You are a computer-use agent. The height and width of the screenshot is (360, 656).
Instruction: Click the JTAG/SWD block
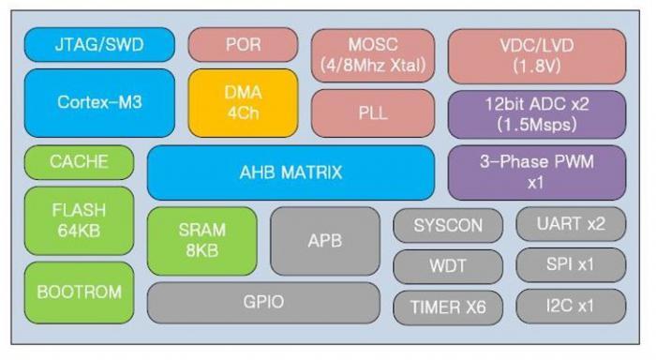(x=99, y=45)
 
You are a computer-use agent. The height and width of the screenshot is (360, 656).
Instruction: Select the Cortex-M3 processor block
(x=99, y=102)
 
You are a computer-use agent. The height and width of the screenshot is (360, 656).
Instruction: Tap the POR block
(x=243, y=45)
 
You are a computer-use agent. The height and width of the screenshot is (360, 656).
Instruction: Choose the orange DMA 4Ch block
(x=243, y=103)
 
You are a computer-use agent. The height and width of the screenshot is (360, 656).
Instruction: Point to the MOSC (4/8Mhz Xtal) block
(x=373, y=55)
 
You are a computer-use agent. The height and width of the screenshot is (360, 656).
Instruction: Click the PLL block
(x=373, y=113)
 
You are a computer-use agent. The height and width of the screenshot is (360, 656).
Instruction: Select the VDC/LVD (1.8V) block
(x=537, y=56)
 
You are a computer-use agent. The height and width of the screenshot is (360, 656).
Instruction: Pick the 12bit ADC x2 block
(x=537, y=114)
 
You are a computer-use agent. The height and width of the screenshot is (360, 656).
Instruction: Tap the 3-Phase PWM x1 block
(x=537, y=172)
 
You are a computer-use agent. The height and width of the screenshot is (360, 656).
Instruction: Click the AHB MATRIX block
(x=291, y=172)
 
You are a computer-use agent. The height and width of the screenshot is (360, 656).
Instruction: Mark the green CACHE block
(x=79, y=162)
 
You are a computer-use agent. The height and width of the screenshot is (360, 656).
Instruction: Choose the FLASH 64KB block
(x=79, y=220)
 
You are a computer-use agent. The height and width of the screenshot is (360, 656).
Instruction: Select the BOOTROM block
(x=79, y=292)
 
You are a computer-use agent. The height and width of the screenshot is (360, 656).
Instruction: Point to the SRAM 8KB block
(x=202, y=241)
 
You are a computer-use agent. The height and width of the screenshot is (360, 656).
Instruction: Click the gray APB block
(x=325, y=241)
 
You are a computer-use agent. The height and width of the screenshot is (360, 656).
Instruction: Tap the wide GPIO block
(x=263, y=303)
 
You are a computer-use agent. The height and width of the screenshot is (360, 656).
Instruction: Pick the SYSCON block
(x=448, y=226)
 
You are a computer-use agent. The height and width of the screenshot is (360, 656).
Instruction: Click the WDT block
(x=448, y=266)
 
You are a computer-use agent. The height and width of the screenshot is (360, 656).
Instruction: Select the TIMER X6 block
(x=448, y=307)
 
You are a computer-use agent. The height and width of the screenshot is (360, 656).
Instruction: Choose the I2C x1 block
(x=571, y=307)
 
